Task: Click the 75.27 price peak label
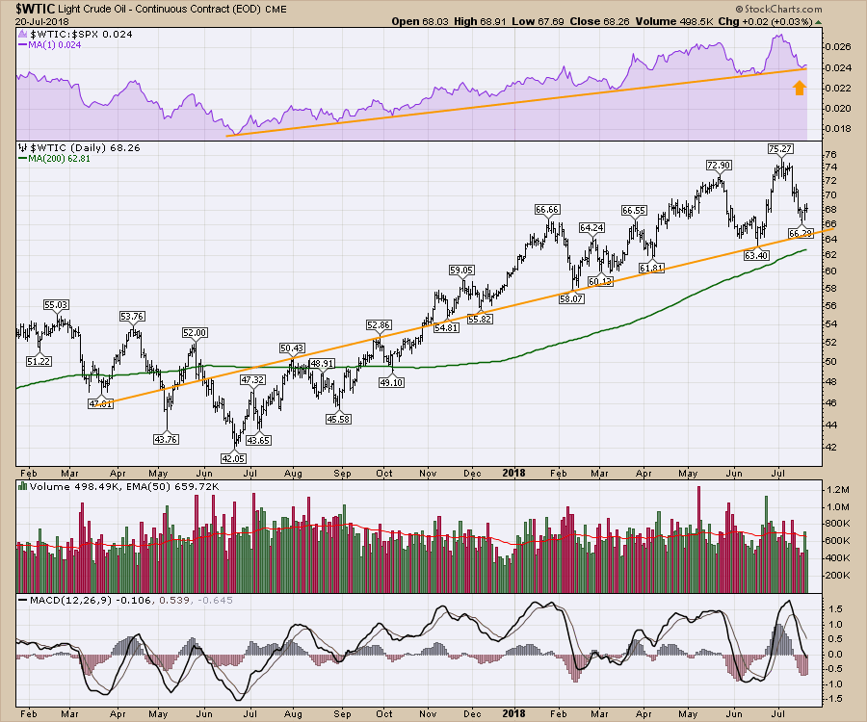(779, 149)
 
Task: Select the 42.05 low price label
(234, 457)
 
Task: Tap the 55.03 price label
(56, 305)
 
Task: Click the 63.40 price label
(749, 255)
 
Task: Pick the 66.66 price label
(547, 209)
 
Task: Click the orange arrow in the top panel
(799, 89)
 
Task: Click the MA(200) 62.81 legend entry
(62, 161)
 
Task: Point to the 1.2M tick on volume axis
(835, 489)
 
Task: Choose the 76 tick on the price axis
(830, 154)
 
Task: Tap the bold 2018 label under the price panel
(513, 473)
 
